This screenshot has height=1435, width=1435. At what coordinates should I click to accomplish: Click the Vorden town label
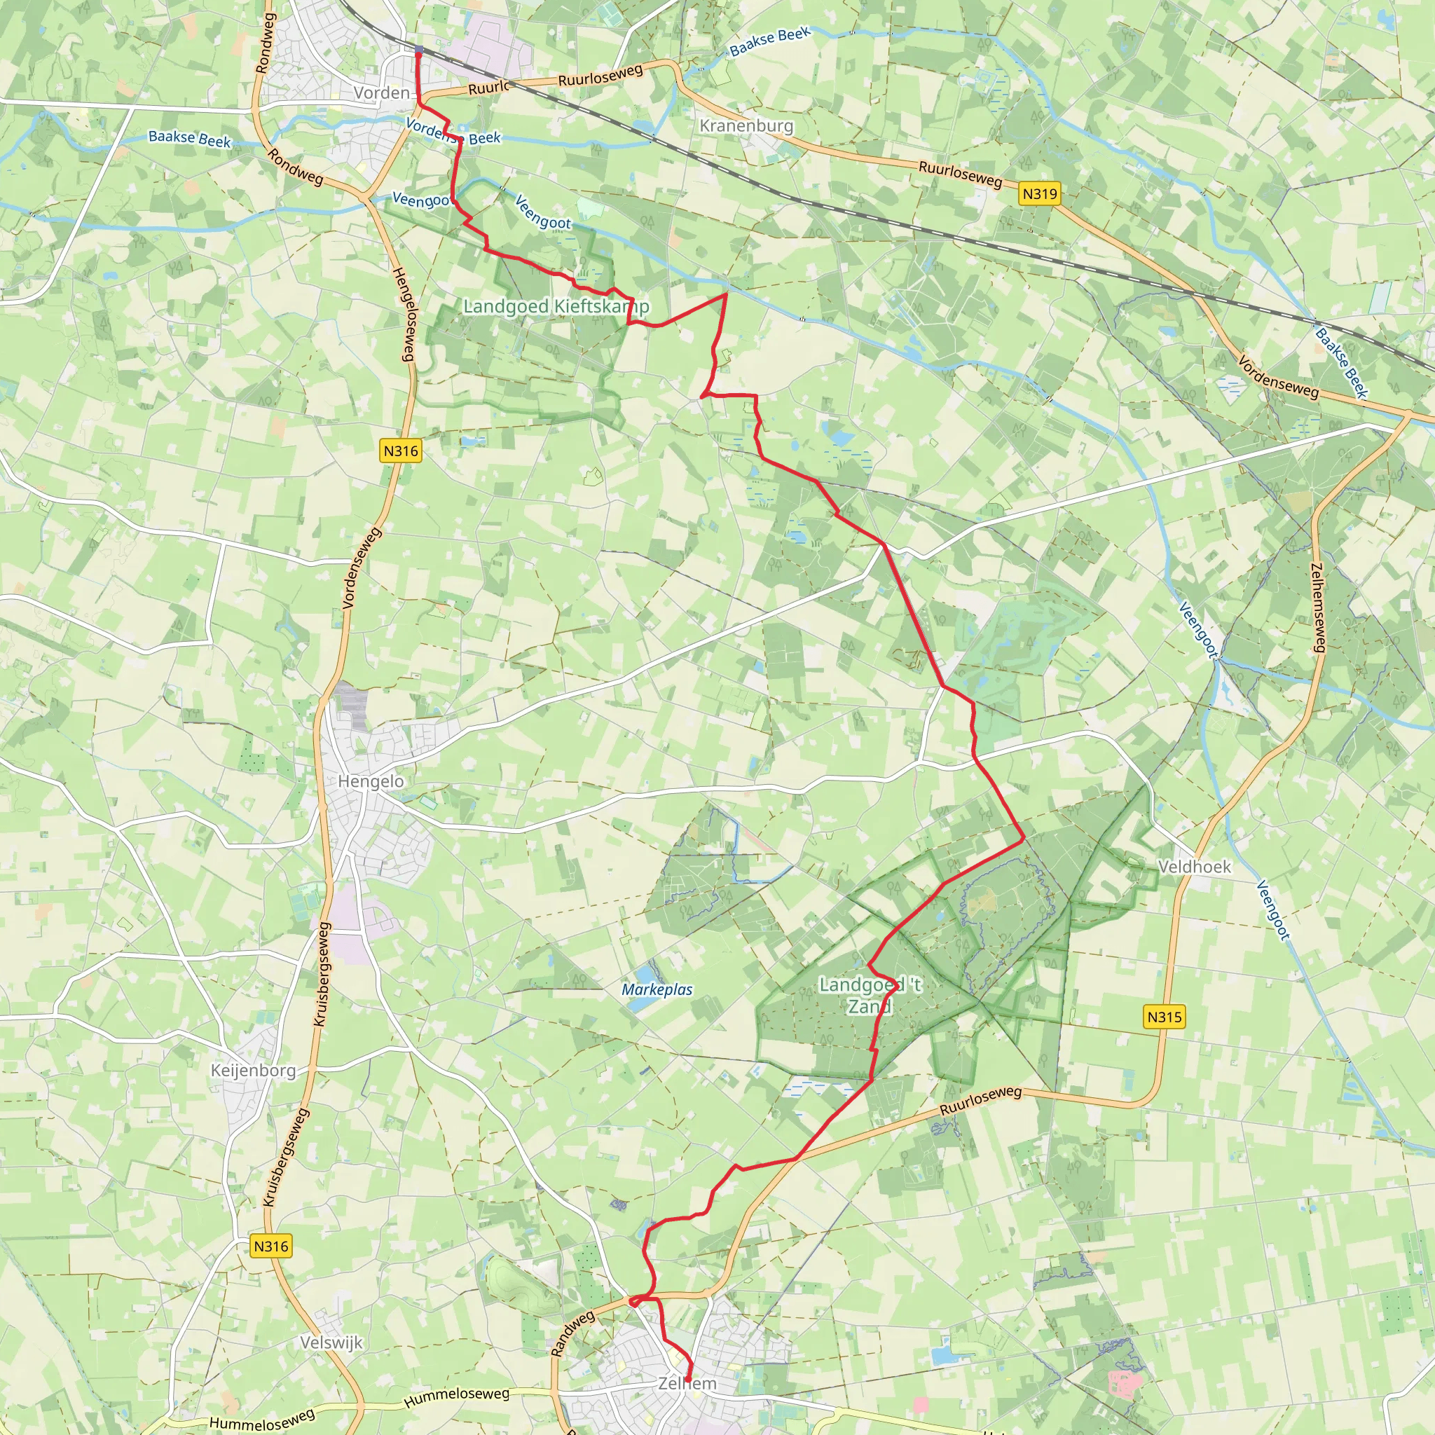point(381,93)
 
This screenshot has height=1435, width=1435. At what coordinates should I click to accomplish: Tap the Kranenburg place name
point(746,125)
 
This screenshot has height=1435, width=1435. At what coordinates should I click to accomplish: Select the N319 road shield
point(1039,194)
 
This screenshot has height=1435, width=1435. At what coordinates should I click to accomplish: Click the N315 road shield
point(1164,1017)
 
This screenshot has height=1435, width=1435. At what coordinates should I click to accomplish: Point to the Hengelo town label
point(371,781)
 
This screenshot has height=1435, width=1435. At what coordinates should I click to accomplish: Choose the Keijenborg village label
point(253,1071)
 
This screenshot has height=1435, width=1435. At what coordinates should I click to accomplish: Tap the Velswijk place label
point(331,1342)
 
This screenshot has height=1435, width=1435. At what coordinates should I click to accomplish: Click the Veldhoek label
point(1193,867)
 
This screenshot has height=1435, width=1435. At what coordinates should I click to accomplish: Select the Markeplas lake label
point(657,989)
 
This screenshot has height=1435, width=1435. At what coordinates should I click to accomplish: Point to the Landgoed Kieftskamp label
point(556,306)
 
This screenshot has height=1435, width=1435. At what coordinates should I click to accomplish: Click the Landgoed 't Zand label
point(870,995)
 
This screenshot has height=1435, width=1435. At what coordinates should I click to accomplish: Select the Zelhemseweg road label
point(1318,607)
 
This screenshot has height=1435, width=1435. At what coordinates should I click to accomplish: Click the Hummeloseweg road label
point(456,1396)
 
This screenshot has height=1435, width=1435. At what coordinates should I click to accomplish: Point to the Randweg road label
point(572,1333)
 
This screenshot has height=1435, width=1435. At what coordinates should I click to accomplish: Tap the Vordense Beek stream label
point(453,133)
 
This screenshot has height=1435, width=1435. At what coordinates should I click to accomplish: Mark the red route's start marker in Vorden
point(418,50)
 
